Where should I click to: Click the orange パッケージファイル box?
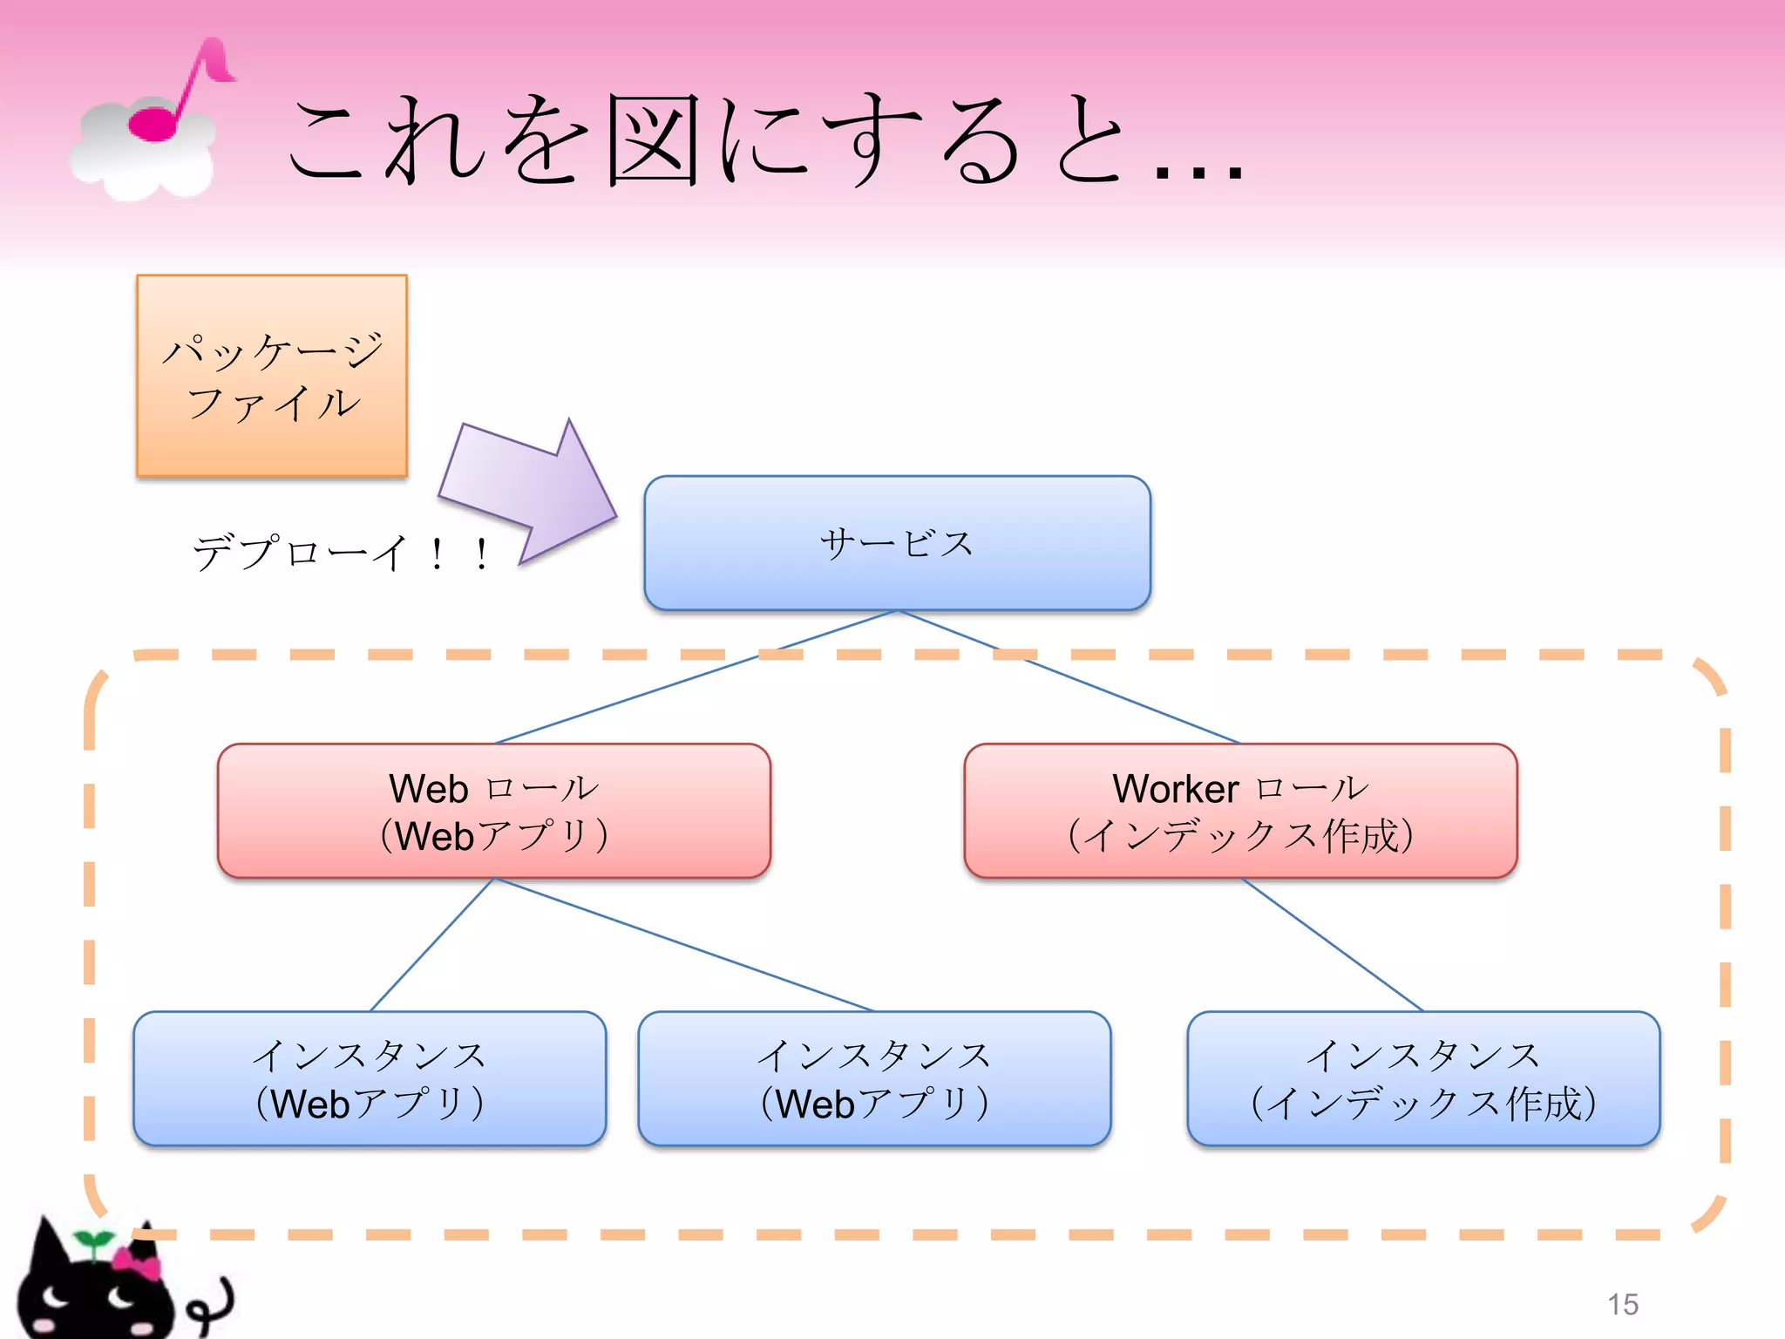click(x=272, y=376)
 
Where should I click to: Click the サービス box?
click(x=897, y=543)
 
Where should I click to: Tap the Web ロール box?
click(x=493, y=811)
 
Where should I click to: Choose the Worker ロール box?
click(x=1240, y=811)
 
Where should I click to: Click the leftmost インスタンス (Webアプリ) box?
click(x=370, y=1078)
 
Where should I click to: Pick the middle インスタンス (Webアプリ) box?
click(x=874, y=1078)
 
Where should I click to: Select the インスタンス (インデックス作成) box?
click(x=1423, y=1078)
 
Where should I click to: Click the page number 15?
click(x=1623, y=1304)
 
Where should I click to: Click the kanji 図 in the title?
click(x=654, y=139)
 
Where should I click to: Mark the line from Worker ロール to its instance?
click(x=1332, y=944)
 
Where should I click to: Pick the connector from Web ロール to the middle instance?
click(x=684, y=945)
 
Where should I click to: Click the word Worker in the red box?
click(x=1175, y=789)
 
